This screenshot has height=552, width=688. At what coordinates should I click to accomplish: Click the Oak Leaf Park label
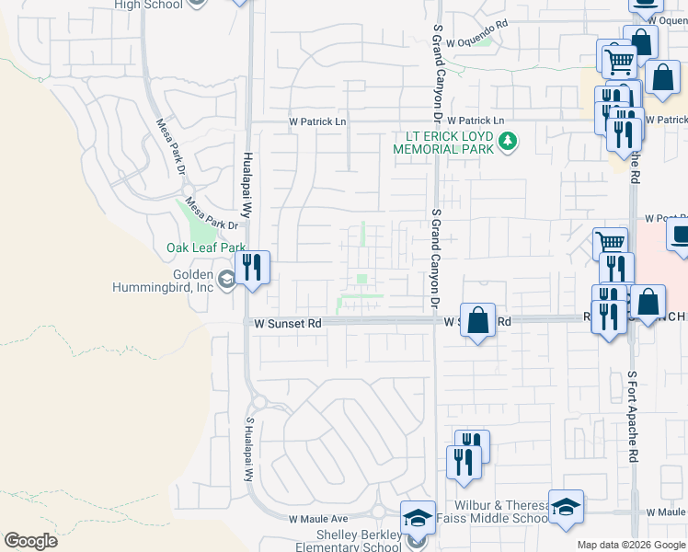pyautogui.click(x=206, y=247)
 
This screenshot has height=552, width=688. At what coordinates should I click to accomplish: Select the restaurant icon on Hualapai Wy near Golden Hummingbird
pyautogui.click(x=251, y=268)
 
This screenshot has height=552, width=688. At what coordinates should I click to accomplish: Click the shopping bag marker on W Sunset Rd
pyautogui.click(x=477, y=321)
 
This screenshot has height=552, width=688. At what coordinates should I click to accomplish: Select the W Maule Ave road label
pyautogui.click(x=318, y=519)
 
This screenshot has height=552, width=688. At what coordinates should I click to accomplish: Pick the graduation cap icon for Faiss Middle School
pyautogui.click(x=566, y=507)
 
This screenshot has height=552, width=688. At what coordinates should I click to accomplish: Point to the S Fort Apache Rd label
pyautogui.click(x=632, y=417)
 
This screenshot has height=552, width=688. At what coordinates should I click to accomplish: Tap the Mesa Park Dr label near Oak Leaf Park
pyautogui.click(x=211, y=214)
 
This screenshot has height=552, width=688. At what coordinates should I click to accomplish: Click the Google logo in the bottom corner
pyautogui.click(x=30, y=541)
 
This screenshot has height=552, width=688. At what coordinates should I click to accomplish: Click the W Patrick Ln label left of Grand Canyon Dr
pyautogui.click(x=317, y=121)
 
